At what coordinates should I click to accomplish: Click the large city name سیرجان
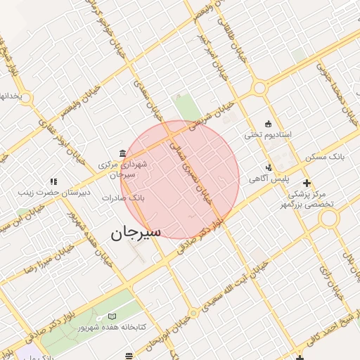click(136, 231)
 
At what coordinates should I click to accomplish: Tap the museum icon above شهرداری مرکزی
click(123, 153)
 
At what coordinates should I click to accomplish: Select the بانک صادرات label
click(122, 198)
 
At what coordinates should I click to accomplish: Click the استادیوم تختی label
click(267, 133)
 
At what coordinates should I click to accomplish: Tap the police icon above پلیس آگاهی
click(269, 167)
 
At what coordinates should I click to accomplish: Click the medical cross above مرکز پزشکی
click(306, 183)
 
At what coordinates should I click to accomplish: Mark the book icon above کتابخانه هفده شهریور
click(113, 317)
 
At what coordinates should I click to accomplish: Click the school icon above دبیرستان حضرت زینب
click(52, 181)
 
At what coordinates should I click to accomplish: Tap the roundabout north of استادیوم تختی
click(259, 89)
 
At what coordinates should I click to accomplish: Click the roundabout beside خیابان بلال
click(328, 219)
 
